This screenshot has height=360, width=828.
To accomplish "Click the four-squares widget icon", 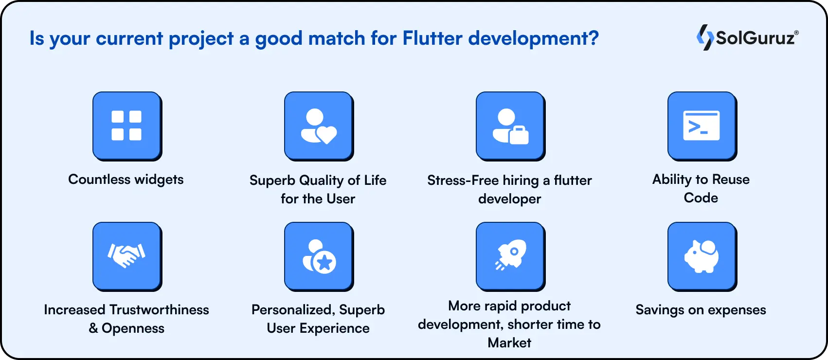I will pyautogui.click(x=126, y=126).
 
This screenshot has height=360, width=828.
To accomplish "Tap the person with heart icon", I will pyautogui.click(x=319, y=126).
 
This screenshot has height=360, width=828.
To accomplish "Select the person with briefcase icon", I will pyautogui.click(x=510, y=126).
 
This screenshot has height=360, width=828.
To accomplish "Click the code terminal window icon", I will pyautogui.click(x=702, y=126).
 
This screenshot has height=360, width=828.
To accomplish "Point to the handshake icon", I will pyautogui.click(x=126, y=255).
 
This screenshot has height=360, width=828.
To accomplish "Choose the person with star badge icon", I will pyautogui.click(x=319, y=256).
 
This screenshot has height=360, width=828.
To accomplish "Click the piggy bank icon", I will pyautogui.click(x=702, y=256).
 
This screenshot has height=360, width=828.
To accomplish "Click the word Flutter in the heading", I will pyautogui.click(x=432, y=38).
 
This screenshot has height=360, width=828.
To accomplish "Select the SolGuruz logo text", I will pyautogui.click(x=756, y=38).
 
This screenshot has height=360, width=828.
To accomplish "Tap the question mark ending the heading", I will pyautogui.click(x=593, y=38).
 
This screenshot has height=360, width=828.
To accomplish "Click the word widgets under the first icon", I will pyautogui.click(x=159, y=180).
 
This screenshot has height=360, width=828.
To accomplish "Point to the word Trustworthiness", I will pyautogui.click(x=159, y=310).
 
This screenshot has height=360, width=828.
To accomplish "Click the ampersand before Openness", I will pyautogui.click(x=93, y=328).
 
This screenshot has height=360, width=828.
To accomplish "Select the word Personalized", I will pyautogui.click(x=292, y=310).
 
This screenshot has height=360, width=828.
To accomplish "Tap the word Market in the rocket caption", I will pyautogui.click(x=509, y=343).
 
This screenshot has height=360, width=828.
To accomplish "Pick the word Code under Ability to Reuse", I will pyautogui.click(x=701, y=198).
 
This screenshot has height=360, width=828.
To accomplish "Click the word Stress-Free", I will pyautogui.click(x=463, y=180).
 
